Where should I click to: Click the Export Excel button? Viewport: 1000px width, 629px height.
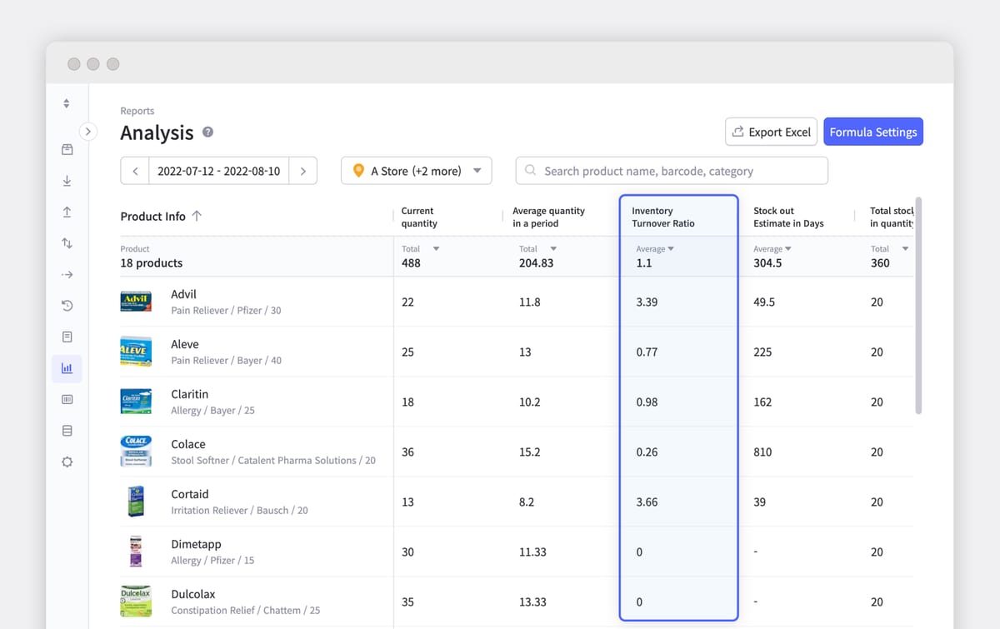click(771, 132)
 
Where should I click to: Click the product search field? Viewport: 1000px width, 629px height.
click(672, 171)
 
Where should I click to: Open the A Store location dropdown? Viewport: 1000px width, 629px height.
click(417, 171)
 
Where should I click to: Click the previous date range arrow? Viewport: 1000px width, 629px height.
click(135, 171)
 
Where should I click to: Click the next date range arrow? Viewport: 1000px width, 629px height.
click(302, 171)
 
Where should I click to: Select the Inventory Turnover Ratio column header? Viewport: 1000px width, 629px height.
click(663, 217)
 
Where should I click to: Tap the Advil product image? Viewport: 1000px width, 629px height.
click(136, 302)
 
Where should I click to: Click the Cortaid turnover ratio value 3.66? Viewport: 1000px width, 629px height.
click(647, 502)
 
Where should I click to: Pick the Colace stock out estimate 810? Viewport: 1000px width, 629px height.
click(762, 452)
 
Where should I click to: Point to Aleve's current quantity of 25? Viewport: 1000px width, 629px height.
click(407, 352)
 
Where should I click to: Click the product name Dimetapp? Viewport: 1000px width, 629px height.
click(196, 544)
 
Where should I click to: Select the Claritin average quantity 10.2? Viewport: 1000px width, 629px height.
click(529, 402)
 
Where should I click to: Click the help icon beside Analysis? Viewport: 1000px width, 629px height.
click(207, 132)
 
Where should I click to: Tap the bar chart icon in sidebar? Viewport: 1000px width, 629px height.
click(67, 367)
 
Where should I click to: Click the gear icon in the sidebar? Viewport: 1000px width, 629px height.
click(67, 462)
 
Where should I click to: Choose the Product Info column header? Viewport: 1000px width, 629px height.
click(152, 217)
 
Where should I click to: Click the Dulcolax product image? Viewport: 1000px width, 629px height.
click(136, 602)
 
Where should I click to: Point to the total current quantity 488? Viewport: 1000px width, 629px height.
click(411, 262)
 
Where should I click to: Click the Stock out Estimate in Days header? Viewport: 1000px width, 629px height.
click(788, 217)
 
